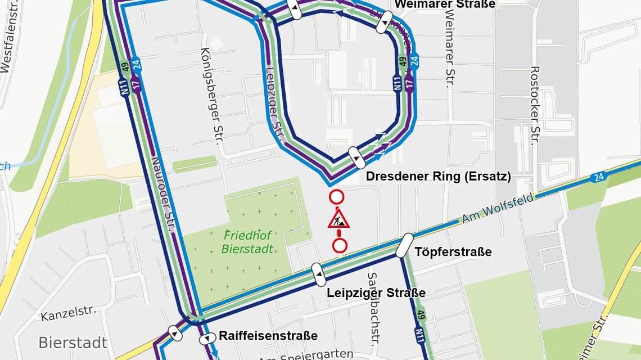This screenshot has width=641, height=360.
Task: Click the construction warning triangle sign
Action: tap(338, 219)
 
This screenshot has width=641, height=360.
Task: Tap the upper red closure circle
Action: tap(336, 197)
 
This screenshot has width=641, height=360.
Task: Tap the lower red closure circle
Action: tap(340, 245)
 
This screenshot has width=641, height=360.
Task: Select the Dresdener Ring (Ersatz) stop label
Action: tap(438, 177)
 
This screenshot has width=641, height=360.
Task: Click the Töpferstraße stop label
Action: tap(453, 251)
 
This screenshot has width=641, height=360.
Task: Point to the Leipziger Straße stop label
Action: tap(376, 293)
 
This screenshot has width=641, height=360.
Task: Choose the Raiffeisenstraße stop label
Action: tap(268, 336)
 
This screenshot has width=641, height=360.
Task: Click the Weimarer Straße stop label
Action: tap(445, 4)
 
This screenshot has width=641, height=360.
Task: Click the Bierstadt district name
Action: tap(73, 342)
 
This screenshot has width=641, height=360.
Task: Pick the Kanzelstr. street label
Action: tap(69, 314)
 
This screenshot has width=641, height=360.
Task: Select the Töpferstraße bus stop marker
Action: tap(404, 246)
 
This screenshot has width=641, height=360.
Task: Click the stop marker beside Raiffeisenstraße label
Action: tap(207, 339)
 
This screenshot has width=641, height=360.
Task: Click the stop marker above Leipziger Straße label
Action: tap(318, 274)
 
